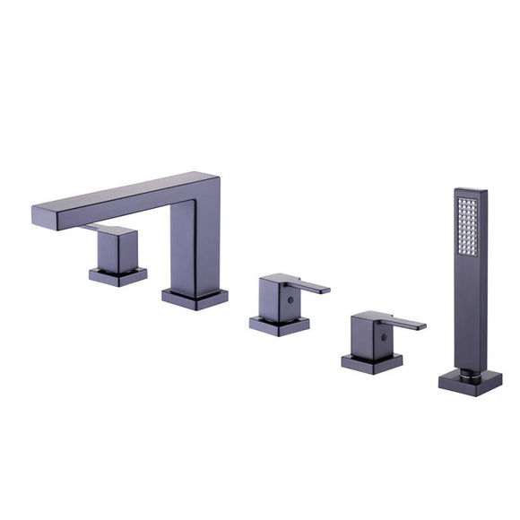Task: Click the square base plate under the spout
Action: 195,299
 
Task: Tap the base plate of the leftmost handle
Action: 117,276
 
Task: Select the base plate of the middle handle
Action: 279,325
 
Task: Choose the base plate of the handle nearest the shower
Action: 371,362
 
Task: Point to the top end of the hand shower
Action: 470,191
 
